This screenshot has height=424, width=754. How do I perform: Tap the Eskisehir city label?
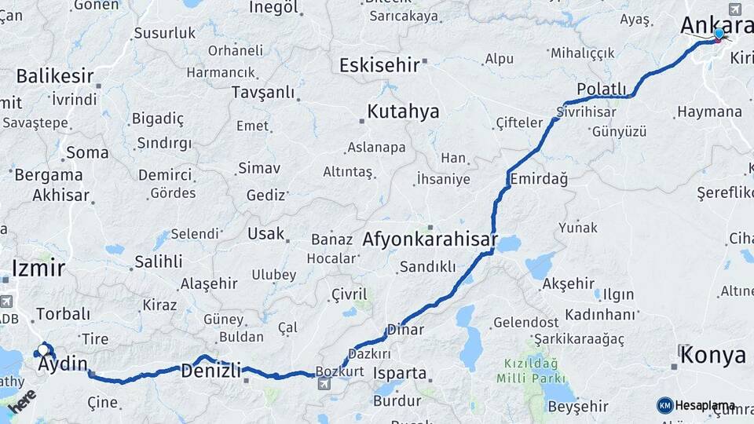pyautogui.click(x=379, y=65)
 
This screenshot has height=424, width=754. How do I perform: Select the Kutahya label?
pyautogui.click(x=403, y=111)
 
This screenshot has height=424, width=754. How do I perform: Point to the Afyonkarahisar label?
pyautogui.click(x=430, y=239)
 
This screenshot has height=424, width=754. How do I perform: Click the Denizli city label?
pyautogui.click(x=210, y=371)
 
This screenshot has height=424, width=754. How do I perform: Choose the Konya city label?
pyautogui.click(x=712, y=355)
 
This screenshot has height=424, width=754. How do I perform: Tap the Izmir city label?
pyautogui.click(x=38, y=268)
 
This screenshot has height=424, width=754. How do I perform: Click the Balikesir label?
pyautogui.click(x=54, y=76)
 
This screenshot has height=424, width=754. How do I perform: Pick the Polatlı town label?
pyautogui.click(x=602, y=88)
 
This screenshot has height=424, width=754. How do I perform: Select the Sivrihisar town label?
pyautogui.click(x=586, y=111)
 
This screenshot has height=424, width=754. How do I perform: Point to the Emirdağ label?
pyautogui.click(x=538, y=179)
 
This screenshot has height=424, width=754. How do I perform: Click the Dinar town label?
pyautogui.click(x=405, y=330)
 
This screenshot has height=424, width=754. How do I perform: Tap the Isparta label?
pyautogui.click(x=400, y=373)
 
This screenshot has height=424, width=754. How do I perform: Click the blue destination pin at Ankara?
pyautogui.click(x=719, y=34)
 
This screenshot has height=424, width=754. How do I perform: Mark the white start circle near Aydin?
pyautogui.click(x=43, y=349)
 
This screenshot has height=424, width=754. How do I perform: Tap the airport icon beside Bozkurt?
pyautogui.click(x=324, y=383)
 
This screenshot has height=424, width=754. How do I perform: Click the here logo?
pyautogui.click(x=21, y=401)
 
